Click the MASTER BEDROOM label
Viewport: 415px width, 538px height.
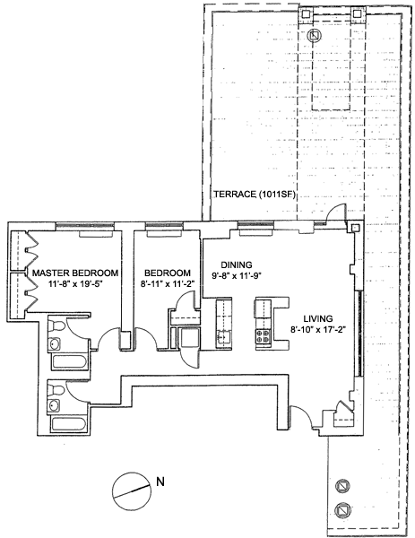75,273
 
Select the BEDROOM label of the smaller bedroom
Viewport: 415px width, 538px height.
168,273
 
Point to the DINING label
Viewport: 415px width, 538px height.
237,265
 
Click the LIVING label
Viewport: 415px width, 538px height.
317,318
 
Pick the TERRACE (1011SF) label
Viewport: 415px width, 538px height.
255,195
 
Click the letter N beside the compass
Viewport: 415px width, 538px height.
160,482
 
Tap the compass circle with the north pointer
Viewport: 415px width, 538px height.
132,492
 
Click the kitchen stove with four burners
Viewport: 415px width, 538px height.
263,336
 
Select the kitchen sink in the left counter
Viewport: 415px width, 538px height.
223,336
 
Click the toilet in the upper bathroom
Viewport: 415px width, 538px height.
56,325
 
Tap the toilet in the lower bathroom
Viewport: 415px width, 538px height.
56,390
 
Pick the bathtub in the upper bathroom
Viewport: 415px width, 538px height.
69,363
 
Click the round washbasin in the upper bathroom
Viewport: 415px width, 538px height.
55,343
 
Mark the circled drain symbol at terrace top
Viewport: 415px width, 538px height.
315,35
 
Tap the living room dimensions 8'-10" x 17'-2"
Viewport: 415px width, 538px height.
317,329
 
